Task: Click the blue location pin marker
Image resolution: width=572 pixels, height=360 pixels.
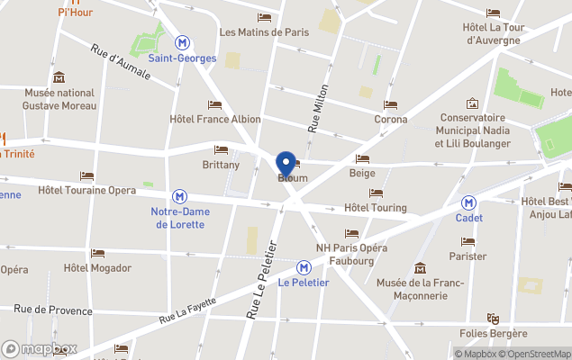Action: click(286, 164)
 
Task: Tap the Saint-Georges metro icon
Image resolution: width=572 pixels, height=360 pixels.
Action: click(183, 42)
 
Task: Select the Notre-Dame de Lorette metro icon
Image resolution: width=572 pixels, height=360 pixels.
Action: click(181, 195)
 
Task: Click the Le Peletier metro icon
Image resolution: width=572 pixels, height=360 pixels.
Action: click(304, 266)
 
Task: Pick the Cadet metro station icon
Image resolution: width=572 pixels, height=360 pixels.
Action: click(469, 202)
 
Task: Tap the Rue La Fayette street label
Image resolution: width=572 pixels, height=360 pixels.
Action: click(188, 310)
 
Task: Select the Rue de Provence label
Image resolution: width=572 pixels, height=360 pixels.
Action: click(53, 310)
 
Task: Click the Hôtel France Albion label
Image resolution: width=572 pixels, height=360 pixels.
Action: click(215, 119)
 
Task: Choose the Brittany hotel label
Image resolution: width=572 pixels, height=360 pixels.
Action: click(221, 165)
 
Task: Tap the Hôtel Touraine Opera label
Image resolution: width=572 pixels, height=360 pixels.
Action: click(87, 190)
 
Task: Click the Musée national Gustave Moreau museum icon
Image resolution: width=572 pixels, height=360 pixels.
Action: click(59, 77)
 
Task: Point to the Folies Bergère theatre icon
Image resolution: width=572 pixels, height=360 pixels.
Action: click(493, 319)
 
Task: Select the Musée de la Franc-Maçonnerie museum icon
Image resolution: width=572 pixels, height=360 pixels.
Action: click(420, 267)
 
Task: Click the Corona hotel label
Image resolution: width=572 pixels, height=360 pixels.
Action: click(391, 119)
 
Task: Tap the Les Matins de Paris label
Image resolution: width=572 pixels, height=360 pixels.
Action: click(264, 31)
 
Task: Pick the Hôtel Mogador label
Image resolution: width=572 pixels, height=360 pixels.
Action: click(98, 267)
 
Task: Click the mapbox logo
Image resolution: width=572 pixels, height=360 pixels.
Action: click(40, 348)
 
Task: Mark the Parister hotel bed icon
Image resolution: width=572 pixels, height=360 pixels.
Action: click(468, 241)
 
